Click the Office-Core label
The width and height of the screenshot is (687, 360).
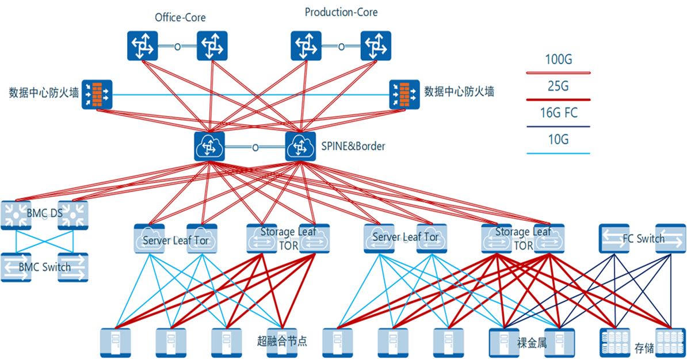(x=180, y=18)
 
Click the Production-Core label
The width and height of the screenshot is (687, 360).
(x=341, y=12)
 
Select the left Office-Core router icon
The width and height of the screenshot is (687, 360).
(x=142, y=46)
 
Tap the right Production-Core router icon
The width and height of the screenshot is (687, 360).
(x=376, y=46)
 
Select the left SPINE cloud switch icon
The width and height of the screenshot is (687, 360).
(x=209, y=146)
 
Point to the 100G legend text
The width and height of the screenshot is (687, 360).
(x=558, y=59)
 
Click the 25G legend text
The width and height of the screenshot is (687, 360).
(x=558, y=87)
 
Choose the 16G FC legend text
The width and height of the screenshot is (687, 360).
(x=558, y=113)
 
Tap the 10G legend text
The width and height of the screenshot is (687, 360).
(x=558, y=140)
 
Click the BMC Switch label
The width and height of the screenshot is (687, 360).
(x=45, y=267)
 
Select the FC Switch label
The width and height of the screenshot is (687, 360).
(x=643, y=238)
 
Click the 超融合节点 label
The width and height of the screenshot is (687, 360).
(x=282, y=340)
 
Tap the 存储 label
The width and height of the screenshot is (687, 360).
(x=643, y=348)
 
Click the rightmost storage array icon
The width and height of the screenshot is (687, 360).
(x=670, y=343)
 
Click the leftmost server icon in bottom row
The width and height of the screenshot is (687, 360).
(x=115, y=343)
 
